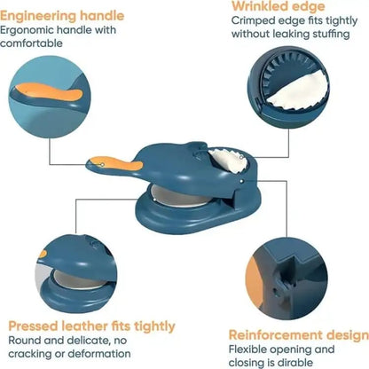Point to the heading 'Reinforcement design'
click(x=299, y=334)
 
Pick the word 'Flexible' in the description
click(x=252, y=349)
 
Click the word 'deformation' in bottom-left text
click(x=107, y=355)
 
